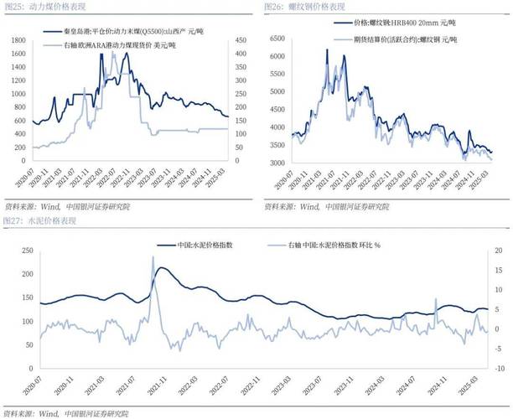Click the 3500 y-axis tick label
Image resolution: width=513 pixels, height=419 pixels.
[x=279, y=146]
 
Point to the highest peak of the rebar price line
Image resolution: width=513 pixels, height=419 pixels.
[x=327, y=50]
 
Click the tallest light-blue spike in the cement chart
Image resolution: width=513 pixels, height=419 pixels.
[x=153, y=257]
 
